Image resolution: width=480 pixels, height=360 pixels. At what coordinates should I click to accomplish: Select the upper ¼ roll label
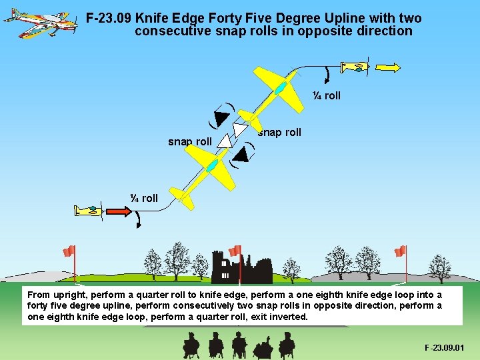[x=327, y=96]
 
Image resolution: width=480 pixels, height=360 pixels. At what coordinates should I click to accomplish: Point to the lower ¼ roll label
[x=144, y=198]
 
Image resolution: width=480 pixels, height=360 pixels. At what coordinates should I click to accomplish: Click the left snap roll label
[x=189, y=141]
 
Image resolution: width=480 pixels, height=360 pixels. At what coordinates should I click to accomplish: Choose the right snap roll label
[x=279, y=132]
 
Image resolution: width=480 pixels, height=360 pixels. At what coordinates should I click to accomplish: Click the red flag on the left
[x=69, y=251]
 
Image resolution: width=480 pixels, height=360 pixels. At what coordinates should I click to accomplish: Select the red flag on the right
[x=400, y=251]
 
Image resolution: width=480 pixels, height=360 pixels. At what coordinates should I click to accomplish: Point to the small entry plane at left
[x=87, y=211]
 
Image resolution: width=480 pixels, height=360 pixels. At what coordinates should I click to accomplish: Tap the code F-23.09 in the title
[x=109, y=19]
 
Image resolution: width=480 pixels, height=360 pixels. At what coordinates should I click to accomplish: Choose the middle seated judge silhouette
[x=239, y=344]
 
